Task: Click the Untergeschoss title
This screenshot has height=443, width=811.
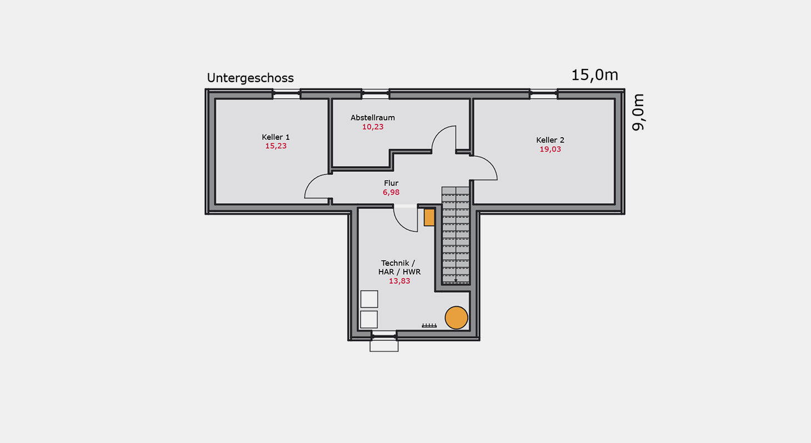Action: pyautogui.click(x=250, y=78)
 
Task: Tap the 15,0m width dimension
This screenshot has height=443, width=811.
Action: pyautogui.click(x=594, y=75)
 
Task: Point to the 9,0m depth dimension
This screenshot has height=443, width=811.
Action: pyautogui.click(x=638, y=112)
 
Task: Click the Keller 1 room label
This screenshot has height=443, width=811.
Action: pyautogui.click(x=276, y=137)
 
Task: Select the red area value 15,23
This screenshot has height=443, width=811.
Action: pyautogui.click(x=276, y=146)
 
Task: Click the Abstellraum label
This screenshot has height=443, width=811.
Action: pyautogui.click(x=373, y=118)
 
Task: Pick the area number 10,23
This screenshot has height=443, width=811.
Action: pyautogui.click(x=373, y=127)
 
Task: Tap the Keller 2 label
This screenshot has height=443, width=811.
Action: pyautogui.click(x=550, y=140)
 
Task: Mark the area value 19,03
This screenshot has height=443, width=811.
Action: pyautogui.click(x=550, y=149)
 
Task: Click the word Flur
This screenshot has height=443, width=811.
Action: pyautogui.click(x=391, y=183)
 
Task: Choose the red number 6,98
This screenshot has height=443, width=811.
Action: pyautogui.click(x=391, y=193)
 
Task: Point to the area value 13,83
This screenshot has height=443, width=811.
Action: pyautogui.click(x=399, y=281)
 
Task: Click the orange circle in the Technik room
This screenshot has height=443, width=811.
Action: pyautogui.click(x=456, y=318)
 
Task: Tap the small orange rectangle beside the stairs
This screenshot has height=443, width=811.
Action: pyautogui.click(x=429, y=218)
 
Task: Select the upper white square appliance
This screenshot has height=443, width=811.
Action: pyautogui.click(x=369, y=299)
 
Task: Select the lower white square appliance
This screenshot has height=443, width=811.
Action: pyautogui.click(x=369, y=320)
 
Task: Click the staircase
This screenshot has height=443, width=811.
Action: pyautogui.click(x=455, y=235)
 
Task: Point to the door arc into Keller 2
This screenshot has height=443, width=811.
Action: pyautogui.click(x=491, y=164)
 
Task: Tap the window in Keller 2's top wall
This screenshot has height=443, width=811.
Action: pyautogui.click(x=543, y=94)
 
